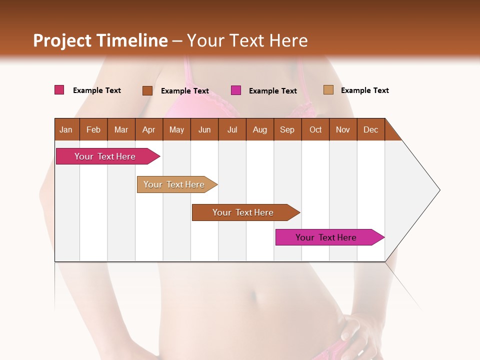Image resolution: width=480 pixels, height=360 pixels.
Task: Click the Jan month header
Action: click(x=66, y=129)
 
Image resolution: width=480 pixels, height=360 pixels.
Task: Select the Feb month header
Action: click(x=93, y=129)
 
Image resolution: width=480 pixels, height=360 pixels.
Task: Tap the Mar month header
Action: click(x=121, y=129)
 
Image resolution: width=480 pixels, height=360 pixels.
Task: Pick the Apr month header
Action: click(x=149, y=129)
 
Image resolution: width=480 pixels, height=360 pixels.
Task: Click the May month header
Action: click(x=176, y=129)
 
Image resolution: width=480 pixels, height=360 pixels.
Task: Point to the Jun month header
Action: click(x=204, y=129)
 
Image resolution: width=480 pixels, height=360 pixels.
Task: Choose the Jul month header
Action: click(x=232, y=129)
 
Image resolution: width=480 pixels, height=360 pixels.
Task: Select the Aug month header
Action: click(x=260, y=129)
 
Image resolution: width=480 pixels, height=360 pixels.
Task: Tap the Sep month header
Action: click(x=287, y=129)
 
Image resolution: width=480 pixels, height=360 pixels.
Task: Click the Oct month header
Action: click(x=315, y=129)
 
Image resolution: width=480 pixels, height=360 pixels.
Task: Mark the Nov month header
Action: click(x=343, y=129)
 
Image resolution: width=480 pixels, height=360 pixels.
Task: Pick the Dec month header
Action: click(x=371, y=129)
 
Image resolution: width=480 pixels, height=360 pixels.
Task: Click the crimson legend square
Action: click(x=59, y=90)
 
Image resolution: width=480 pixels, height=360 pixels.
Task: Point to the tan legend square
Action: click(x=328, y=90)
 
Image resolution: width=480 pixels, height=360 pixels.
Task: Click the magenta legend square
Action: click(x=236, y=90)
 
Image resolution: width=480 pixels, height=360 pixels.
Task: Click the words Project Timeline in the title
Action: click(x=100, y=40)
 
